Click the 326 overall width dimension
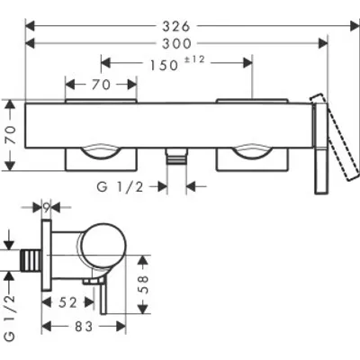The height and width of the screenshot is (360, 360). tap(176, 26)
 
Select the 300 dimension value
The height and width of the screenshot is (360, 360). tap(176, 44)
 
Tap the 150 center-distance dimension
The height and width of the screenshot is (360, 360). tap(164, 66)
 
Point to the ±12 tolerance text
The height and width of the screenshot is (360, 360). tap(194, 59)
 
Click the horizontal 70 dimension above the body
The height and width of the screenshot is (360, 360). tap(101, 85)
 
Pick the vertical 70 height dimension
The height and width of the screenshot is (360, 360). tap(11, 135)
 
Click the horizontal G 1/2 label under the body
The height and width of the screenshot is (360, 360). tap(120, 187)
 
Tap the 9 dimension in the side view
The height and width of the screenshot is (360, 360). tap(46, 207)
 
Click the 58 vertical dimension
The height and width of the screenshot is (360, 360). tap(144, 284)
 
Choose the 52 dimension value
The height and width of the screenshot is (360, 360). tap(67, 302)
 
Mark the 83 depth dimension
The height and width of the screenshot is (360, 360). tap(84, 327)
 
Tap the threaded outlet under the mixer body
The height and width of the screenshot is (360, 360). tap(176, 157)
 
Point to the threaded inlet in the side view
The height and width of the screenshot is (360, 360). tap(31, 261)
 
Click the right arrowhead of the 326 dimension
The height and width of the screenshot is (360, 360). tap(355, 26)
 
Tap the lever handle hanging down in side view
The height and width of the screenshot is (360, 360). tap(103, 295)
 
